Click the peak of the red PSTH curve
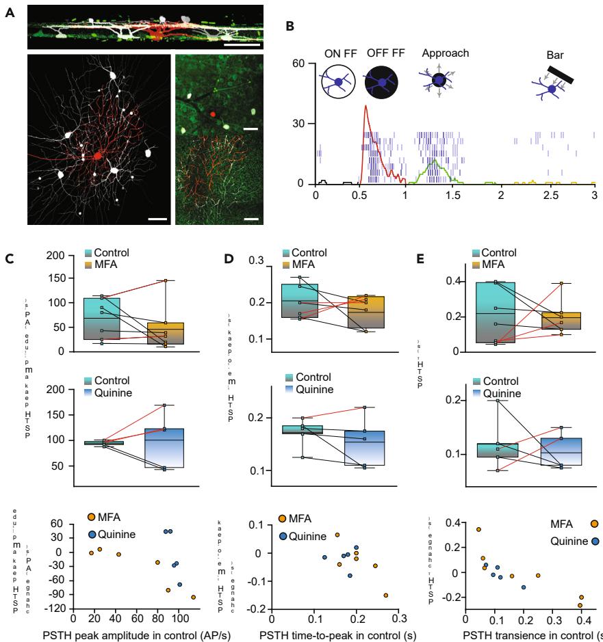366,106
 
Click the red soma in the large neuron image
97,157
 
